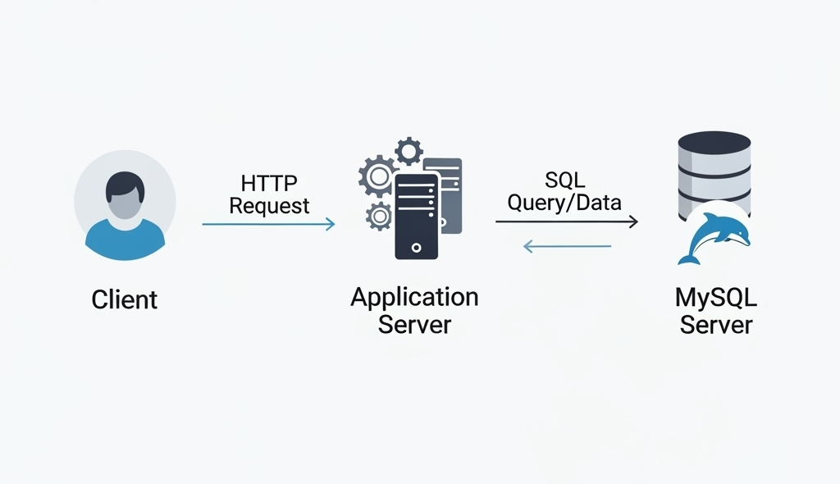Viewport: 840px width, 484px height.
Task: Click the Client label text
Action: tap(125, 299)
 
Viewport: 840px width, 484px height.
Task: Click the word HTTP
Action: tap(269, 183)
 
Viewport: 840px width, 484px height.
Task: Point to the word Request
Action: tap(269, 205)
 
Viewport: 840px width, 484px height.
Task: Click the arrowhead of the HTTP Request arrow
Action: tap(330, 224)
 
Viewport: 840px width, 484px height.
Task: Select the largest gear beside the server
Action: tap(377, 176)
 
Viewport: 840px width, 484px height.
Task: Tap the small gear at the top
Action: tap(409, 151)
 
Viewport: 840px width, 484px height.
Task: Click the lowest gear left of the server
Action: tap(379, 216)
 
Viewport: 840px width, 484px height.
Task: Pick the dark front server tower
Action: tap(416, 215)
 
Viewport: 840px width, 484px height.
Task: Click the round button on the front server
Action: tap(416, 246)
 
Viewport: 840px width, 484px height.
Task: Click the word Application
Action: tap(414, 296)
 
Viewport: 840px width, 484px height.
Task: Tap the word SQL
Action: tap(564, 180)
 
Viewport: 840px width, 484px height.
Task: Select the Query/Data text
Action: tap(564, 203)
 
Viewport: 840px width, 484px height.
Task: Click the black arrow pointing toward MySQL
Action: tap(566, 221)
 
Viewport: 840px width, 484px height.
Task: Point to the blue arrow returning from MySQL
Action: tap(566, 245)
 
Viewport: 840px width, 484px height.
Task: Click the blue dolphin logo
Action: tap(714, 235)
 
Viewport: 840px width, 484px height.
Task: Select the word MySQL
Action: tap(715, 297)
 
